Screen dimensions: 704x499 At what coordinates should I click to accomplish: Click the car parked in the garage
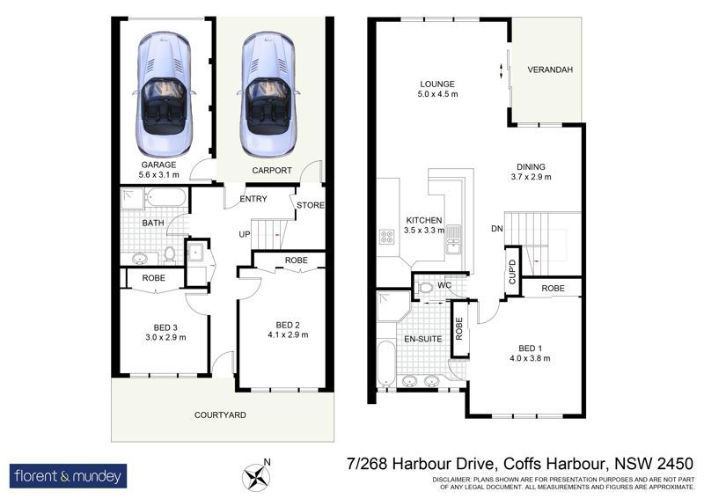click(x=164, y=93)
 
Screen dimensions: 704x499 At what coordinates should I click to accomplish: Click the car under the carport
click(x=268, y=93)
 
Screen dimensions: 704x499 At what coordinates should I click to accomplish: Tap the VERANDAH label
click(x=550, y=70)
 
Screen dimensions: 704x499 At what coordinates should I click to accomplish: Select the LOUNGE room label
click(x=437, y=84)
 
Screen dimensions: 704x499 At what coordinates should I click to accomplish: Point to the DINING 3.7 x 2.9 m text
click(x=531, y=172)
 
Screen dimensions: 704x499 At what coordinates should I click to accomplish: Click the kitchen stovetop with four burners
click(x=387, y=236)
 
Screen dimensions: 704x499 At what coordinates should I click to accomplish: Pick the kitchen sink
click(x=453, y=240)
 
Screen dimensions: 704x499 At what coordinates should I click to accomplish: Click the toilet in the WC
click(x=423, y=288)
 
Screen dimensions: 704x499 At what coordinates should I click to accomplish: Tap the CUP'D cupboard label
click(x=512, y=271)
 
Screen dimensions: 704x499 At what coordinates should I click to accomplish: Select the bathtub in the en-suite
click(x=386, y=363)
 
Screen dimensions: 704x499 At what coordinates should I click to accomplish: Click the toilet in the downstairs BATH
click(x=170, y=254)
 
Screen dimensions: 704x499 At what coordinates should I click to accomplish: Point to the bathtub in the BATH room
click(x=166, y=198)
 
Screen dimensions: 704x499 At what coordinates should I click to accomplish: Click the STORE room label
click(x=311, y=205)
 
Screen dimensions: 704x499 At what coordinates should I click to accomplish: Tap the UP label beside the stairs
click(x=245, y=234)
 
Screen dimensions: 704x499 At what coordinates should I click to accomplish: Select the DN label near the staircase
click(x=497, y=229)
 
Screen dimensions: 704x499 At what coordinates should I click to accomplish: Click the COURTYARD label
click(x=220, y=415)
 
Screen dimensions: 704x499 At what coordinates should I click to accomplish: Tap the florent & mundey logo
click(x=69, y=475)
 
